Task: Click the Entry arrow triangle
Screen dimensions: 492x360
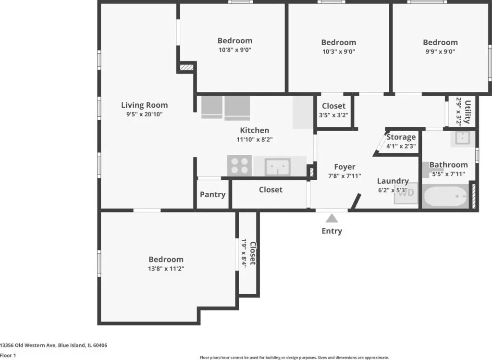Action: (x=332, y=218)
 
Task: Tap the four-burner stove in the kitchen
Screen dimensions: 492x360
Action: (x=239, y=165)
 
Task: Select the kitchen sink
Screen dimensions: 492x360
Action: (x=278, y=167)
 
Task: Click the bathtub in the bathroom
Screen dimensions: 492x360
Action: (x=445, y=197)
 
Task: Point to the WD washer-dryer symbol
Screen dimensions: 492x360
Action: (x=406, y=193)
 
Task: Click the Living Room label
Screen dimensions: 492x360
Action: (x=144, y=105)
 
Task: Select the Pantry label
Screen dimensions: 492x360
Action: (x=213, y=195)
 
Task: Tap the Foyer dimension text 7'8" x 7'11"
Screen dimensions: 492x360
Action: (x=344, y=176)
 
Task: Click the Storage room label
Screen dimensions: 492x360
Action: (x=401, y=137)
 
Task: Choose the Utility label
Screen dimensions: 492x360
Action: (x=467, y=112)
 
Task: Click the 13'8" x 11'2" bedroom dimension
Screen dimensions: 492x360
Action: (x=166, y=269)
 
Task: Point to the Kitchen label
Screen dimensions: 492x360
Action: (x=255, y=130)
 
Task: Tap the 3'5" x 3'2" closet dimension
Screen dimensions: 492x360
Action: (x=333, y=115)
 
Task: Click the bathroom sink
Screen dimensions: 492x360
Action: (x=463, y=138)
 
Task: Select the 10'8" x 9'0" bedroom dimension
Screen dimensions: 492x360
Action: (x=235, y=50)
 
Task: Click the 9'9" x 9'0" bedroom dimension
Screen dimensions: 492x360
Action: (x=440, y=52)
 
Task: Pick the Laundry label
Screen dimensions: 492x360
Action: (x=393, y=181)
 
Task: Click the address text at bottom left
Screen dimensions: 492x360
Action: (x=54, y=345)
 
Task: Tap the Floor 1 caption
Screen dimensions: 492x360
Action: (x=8, y=355)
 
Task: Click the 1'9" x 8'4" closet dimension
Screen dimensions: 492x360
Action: (x=244, y=253)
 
